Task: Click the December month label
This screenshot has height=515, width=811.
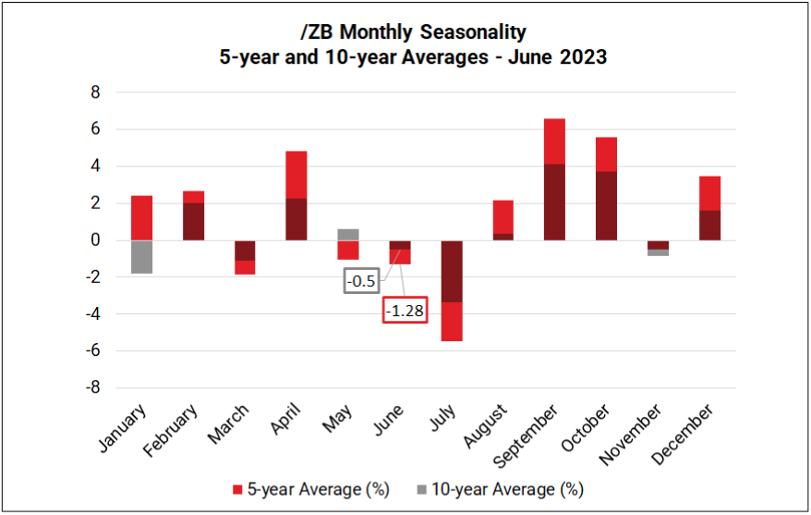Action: click(x=683, y=431)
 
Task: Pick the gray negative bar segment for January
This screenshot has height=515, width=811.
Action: click(x=141, y=257)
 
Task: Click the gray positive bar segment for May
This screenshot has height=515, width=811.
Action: click(x=348, y=234)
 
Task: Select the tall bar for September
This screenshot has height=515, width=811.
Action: click(x=554, y=179)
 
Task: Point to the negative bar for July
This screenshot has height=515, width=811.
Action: click(x=452, y=290)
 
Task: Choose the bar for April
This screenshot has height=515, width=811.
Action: click(x=297, y=195)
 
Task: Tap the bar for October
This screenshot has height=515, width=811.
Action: click(x=606, y=189)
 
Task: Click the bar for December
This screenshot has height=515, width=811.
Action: click(x=709, y=208)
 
